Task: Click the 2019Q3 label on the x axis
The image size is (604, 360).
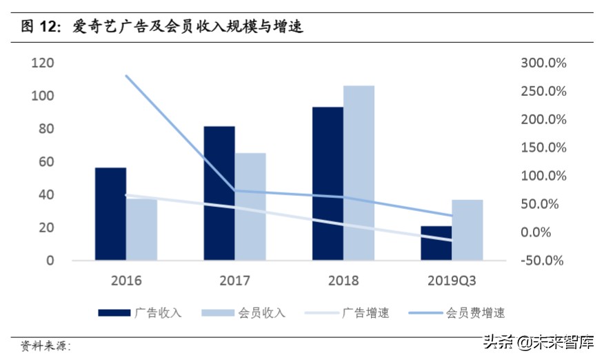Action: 452,281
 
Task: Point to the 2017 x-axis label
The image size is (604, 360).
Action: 234,281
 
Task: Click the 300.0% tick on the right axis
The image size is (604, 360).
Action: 543,63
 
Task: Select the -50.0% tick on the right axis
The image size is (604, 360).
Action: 543,261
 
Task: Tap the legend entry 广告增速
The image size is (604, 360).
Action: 365,313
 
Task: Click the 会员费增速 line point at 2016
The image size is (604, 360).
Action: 126,76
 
